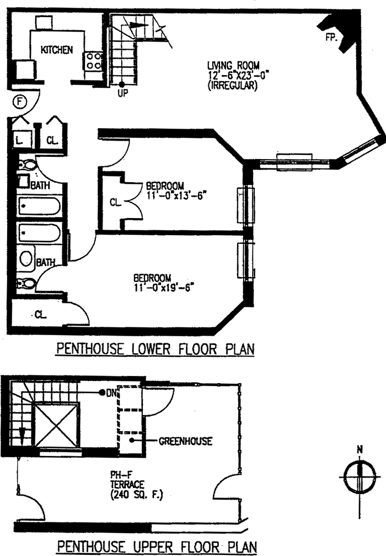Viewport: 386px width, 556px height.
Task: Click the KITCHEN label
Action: pyautogui.click(x=57, y=50)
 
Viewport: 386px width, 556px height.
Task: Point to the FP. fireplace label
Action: pyautogui.click(x=331, y=37)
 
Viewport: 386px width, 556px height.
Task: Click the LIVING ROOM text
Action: pyautogui.click(x=233, y=65)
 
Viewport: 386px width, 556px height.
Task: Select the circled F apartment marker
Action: pyautogui.click(x=20, y=102)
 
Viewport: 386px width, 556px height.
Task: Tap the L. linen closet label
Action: pyautogui.click(x=19, y=140)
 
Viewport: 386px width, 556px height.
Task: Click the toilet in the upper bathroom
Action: pyautogui.click(x=27, y=165)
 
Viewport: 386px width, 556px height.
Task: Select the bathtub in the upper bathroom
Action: pyautogui.click(x=40, y=206)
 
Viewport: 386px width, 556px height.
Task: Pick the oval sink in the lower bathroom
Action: pyautogui.click(x=26, y=258)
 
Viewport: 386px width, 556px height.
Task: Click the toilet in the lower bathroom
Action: pyautogui.click(x=26, y=283)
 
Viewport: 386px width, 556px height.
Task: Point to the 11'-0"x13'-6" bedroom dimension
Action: pyautogui.click(x=176, y=195)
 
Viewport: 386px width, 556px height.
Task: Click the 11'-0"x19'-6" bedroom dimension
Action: pyautogui.click(x=164, y=287)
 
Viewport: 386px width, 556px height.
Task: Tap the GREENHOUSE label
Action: pyautogui.click(x=185, y=441)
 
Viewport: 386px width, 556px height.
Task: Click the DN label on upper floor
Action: pyautogui.click(x=111, y=393)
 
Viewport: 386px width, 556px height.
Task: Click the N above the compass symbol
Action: pyautogui.click(x=360, y=450)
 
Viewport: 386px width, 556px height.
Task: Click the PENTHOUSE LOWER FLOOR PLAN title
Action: pyautogui.click(x=156, y=349)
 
